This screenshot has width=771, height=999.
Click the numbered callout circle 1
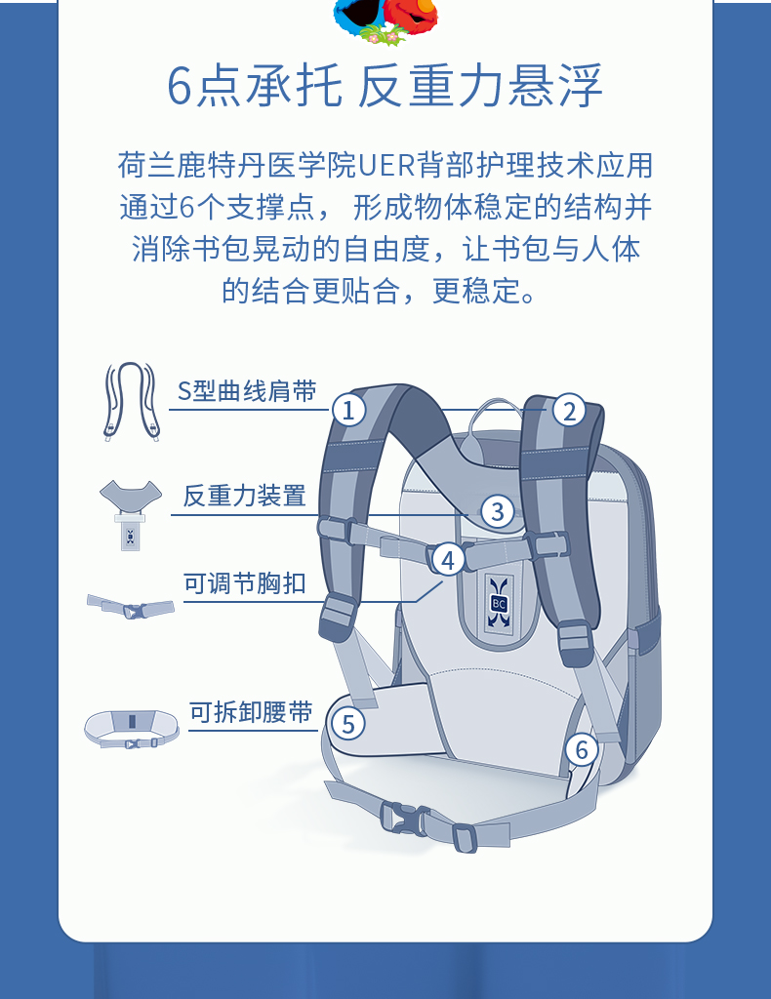click(348, 411)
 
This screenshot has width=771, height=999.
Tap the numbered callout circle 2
click(569, 411)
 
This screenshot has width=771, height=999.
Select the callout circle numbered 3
click(498, 511)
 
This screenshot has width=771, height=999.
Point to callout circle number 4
click(449, 560)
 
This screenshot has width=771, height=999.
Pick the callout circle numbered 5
click(347, 723)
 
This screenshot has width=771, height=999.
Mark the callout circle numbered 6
click(582, 749)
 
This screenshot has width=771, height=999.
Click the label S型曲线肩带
click(247, 391)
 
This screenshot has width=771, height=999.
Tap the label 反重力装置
click(245, 496)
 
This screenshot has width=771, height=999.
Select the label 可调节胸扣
click(245, 583)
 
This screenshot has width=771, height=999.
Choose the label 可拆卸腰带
click(251, 712)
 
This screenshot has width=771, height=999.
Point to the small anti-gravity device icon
click(131, 515)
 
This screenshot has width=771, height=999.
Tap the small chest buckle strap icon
click(131, 607)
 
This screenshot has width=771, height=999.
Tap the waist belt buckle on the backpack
click(405, 819)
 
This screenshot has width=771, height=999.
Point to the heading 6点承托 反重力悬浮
click(385, 86)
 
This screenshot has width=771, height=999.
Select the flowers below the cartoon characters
click(383, 35)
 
